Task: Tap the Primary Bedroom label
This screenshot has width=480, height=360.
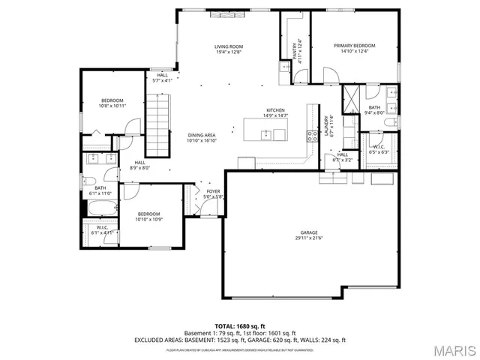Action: tap(355, 46)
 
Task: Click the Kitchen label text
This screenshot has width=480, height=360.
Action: tap(274, 111)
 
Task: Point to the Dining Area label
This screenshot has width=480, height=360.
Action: tap(202, 135)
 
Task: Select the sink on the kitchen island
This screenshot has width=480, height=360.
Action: tap(265, 135)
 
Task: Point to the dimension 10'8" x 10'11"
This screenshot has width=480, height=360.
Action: tap(112, 106)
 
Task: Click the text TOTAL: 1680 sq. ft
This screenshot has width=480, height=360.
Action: tap(240, 326)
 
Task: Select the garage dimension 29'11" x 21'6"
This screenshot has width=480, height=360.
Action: tap(307, 238)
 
